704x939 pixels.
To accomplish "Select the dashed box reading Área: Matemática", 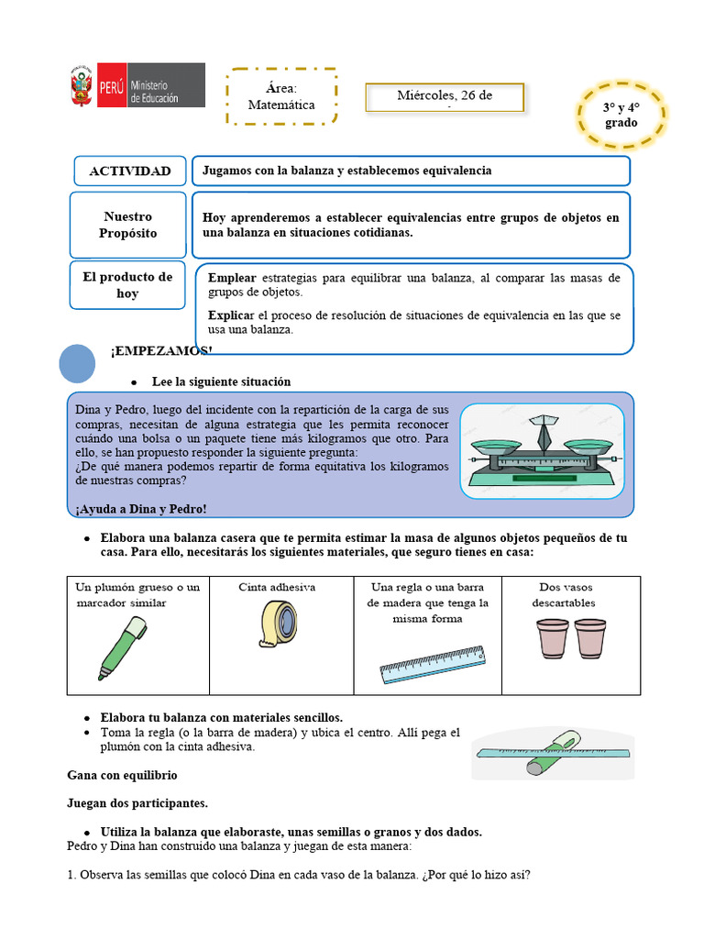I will click(281, 96).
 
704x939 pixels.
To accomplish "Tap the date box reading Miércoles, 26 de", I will click(445, 97).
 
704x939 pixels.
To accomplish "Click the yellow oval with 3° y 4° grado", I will click(621, 115).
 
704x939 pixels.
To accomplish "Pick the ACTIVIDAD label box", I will click(129, 171).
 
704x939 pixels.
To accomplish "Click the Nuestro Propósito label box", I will click(128, 225).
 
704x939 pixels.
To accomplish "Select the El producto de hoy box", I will click(128, 285).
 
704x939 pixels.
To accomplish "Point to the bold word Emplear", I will click(232, 277).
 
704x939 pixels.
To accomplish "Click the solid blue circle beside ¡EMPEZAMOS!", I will click(77, 363).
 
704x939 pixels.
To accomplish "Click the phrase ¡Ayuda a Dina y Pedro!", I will click(141, 509).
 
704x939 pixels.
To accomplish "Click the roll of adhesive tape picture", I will click(278, 624).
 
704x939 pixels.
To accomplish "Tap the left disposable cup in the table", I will click(552, 638).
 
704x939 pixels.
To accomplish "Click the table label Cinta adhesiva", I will click(277, 587).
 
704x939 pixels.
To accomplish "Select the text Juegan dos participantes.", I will click(137, 803).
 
